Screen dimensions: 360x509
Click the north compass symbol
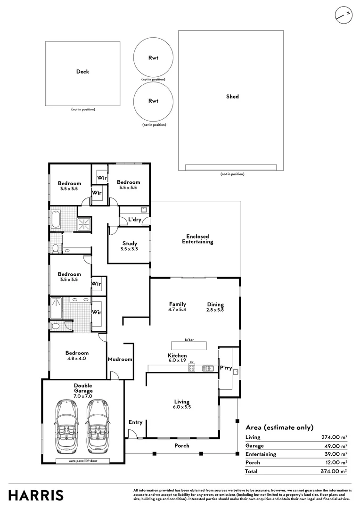344,15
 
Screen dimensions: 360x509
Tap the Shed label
232,97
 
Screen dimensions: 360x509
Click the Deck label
82,72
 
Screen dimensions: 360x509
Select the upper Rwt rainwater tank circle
153,57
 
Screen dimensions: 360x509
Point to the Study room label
130,243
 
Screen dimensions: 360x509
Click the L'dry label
135,220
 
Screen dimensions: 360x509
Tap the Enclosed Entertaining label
197,239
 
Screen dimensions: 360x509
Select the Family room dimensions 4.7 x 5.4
177,309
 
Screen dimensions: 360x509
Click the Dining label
215,304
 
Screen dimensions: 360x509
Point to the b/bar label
189,339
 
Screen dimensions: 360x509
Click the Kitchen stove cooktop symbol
191,368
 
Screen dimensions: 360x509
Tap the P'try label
226,368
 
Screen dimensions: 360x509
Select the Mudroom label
120,359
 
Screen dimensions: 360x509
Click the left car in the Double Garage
66,427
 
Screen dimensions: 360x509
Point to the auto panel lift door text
83,460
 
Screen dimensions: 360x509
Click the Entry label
135,422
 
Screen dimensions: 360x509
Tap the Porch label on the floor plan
182,445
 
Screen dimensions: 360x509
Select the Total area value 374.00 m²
334,471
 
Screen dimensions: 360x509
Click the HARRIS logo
36,495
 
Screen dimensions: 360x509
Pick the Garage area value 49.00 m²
335,446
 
